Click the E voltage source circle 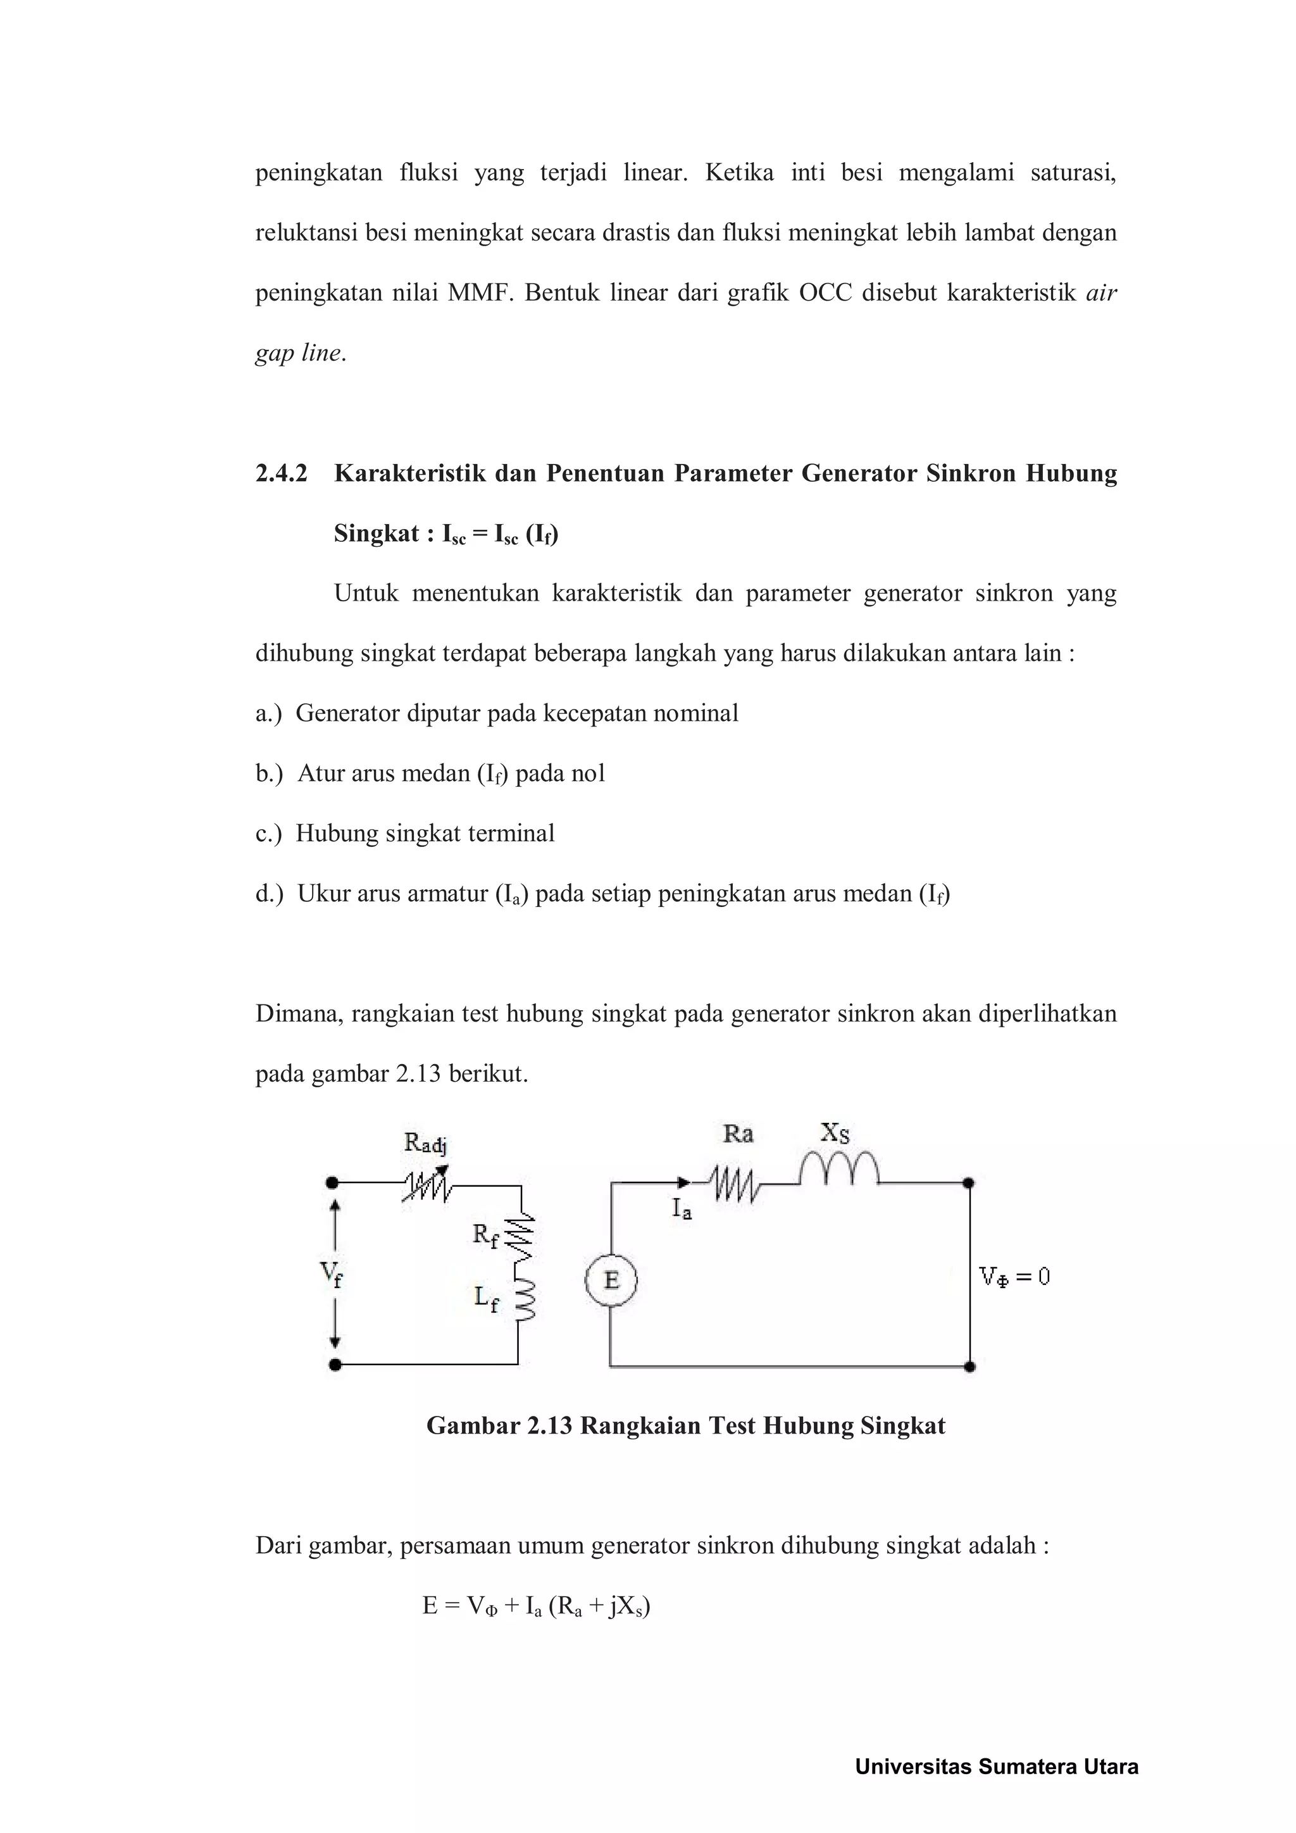(x=611, y=1280)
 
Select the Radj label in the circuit (x=425, y=1144)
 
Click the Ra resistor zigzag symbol (x=736, y=1185)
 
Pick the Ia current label (x=681, y=1210)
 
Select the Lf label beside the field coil (x=486, y=1299)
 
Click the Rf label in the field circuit (x=484, y=1236)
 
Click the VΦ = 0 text (x=1014, y=1277)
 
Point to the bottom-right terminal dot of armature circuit (x=970, y=1366)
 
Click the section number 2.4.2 (x=281, y=473)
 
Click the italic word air (x=1101, y=293)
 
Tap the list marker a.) (x=268, y=713)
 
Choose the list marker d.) (x=269, y=893)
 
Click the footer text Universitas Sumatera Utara (x=996, y=1767)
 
